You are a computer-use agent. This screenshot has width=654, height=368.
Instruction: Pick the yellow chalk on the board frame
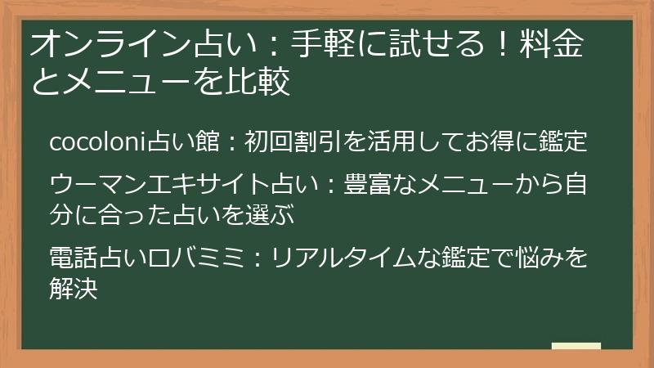pyautogui.click(x=576, y=346)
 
